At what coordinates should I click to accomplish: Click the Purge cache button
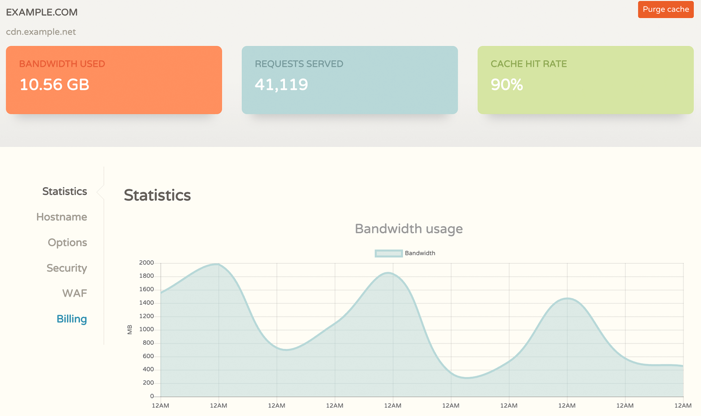(665, 10)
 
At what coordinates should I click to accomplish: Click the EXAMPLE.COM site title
(42, 12)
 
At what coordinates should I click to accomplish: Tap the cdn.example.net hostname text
(41, 32)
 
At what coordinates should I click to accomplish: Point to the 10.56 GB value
(54, 84)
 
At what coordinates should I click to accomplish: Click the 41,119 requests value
(281, 84)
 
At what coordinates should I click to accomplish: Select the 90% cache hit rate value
(506, 84)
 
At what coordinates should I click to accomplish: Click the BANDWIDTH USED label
(62, 64)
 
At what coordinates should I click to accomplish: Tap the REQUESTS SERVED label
(299, 64)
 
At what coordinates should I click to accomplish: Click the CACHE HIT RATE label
(528, 64)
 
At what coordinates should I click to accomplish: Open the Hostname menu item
(62, 217)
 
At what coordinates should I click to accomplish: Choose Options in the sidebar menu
(67, 242)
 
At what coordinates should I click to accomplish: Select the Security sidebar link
(67, 268)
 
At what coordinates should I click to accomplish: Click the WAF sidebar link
(74, 293)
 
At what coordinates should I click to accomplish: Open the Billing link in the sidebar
(72, 319)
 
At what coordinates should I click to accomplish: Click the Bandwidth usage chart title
(409, 229)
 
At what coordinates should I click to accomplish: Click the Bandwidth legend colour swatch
(388, 253)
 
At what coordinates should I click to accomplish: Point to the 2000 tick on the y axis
(146, 262)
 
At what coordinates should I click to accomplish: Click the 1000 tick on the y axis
(146, 329)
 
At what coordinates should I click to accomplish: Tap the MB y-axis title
(130, 329)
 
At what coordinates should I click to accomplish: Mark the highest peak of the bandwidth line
(218, 264)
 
